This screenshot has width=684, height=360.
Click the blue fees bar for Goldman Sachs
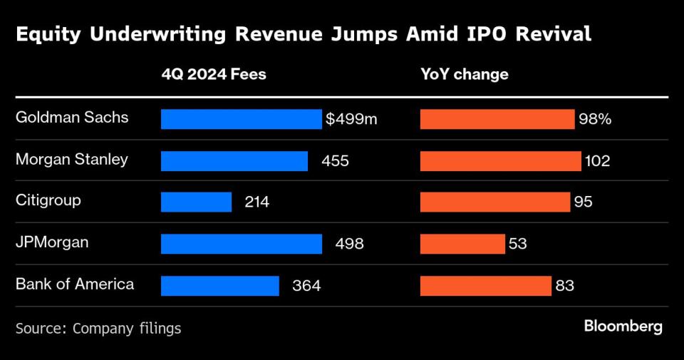[241, 119]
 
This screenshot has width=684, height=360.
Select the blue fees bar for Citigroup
[196, 202]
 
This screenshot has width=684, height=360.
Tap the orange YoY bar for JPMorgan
[462, 244]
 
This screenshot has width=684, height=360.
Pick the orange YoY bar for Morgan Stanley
[500, 160]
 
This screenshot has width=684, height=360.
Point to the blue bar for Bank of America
[219, 285]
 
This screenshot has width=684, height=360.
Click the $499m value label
[351, 119]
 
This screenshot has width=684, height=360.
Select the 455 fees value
[335, 161]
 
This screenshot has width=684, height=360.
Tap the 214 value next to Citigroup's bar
[256, 202]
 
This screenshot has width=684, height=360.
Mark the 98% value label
[595, 119]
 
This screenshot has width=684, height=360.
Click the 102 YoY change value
[597, 161]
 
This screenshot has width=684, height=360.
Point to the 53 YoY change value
[518, 244]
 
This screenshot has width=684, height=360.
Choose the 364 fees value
[306, 286]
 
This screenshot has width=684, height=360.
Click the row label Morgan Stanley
[72, 159]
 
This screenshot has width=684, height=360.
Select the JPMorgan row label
[52, 242]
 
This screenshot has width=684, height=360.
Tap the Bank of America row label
[75, 284]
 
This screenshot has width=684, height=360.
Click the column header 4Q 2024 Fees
[214, 74]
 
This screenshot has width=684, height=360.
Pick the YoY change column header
[465, 74]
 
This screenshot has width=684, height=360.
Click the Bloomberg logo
[623, 326]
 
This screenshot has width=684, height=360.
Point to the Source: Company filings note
[98, 328]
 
